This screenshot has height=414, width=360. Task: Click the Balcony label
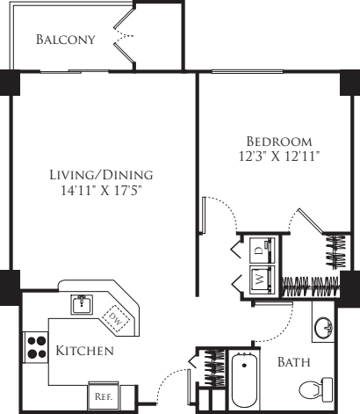click(66, 40)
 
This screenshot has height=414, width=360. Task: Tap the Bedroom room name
click(279, 142)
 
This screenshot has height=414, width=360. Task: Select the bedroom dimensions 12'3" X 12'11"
click(279, 156)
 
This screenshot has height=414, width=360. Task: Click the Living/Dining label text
click(101, 175)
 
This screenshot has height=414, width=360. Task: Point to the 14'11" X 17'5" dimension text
click(101, 191)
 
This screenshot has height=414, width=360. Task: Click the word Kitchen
click(84, 351)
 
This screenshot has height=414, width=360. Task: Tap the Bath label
click(293, 362)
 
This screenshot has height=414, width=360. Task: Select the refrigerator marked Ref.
click(104, 396)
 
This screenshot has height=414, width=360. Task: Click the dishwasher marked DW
click(116, 318)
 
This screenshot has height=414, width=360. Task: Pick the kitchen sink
click(82, 304)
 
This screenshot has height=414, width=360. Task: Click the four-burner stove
click(36, 347)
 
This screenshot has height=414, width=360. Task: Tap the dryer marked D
click(263, 251)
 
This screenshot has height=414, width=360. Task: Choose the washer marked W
click(263, 280)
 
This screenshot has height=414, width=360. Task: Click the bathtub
click(244, 380)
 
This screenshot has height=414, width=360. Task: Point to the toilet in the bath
click(315, 389)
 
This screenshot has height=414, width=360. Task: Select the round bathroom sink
click(324, 328)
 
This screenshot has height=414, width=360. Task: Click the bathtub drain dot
click(244, 365)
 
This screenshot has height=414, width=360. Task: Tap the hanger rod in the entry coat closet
click(214, 367)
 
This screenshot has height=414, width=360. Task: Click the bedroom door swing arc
click(226, 207)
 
